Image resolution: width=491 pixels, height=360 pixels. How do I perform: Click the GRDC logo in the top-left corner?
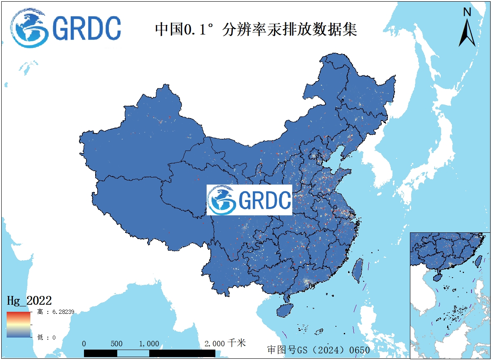pos(67,28)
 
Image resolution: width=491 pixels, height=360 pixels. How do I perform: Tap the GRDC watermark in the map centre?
pos(249,200)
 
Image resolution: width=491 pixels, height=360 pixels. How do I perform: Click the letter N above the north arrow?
pos(467,12)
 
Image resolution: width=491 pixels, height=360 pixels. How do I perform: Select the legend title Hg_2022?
pos(29,300)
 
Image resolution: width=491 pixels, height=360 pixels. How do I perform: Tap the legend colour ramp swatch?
pos(18,324)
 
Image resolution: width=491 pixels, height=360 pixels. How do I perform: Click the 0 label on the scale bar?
pos(84,344)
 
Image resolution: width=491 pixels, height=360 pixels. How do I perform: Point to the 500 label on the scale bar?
pos(117,344)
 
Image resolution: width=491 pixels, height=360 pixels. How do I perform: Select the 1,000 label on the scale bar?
pos(149,344)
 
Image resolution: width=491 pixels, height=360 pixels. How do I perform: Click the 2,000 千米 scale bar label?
pos(225,343)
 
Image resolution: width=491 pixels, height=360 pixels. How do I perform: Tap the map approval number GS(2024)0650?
pos(318,350)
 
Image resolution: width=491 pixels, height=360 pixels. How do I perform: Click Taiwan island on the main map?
pos(357,270)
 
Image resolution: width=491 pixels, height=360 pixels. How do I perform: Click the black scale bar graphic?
pos(150,353)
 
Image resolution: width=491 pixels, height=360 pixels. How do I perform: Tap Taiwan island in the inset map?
pos(478,260)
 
